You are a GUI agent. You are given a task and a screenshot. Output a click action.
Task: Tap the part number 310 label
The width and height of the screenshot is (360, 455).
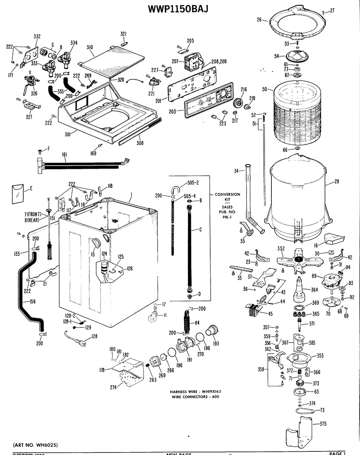point(90,47)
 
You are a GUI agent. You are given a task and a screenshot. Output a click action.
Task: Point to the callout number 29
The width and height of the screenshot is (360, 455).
point(336,182)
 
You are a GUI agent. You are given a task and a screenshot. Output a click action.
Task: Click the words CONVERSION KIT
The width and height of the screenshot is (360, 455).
point(227,197)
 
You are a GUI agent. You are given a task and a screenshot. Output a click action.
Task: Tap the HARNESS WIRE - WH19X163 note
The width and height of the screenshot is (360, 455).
point(195,392)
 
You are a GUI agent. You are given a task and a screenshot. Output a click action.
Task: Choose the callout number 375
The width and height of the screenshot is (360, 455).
point(323,424)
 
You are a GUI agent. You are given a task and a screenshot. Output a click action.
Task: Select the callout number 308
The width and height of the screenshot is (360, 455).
point(140,143)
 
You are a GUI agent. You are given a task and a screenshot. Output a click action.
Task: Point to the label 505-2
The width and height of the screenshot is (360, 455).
point(193,183)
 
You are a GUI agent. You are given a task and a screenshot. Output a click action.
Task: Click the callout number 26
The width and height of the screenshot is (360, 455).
point(259,20)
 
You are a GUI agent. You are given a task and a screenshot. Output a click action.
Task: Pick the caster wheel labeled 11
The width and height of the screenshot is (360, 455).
point(152,317)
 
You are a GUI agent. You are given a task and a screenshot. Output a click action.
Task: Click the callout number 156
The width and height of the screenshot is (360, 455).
point(32,302)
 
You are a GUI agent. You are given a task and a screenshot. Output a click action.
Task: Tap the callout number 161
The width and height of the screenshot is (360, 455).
point(64,155)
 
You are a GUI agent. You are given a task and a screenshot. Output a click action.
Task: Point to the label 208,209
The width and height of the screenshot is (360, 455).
point(219,61)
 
